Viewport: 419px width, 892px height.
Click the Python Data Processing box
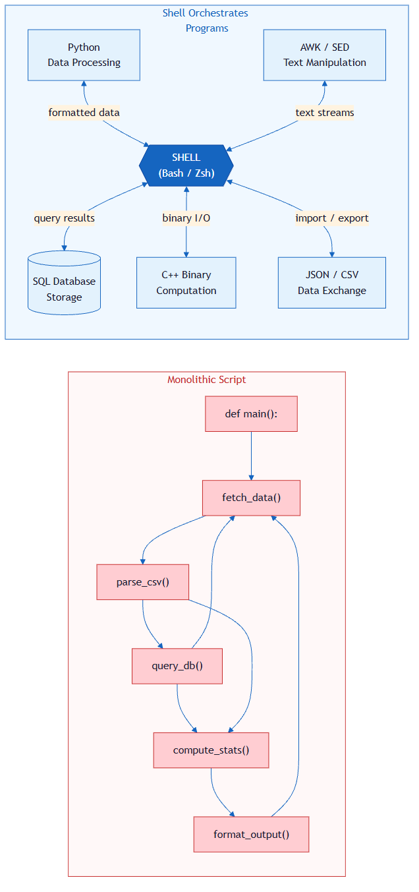click(x=84, y=55)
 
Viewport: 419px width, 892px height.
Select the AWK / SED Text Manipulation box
click(x=324, y=55)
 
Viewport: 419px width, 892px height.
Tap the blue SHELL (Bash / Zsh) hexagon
click(x=186, y=165)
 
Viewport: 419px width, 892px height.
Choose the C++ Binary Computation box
click(x=186, y=283)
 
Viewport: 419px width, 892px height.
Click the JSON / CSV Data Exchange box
click(x=331, y=283)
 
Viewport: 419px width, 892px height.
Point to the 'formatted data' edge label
click(x=84, y=113)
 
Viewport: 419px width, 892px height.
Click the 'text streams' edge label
click(x=324, y=113)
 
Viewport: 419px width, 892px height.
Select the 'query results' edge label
click(x=65, y=218)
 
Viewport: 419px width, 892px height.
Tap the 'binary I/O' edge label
click(x=186, y=218)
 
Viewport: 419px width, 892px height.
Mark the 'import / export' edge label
click(x=331, y=218)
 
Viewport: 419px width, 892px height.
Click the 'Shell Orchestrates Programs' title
click(x=206, y=20)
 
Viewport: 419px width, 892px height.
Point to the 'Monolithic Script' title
click(x=206, y=380)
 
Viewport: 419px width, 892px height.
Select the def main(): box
click(x=251, y=414)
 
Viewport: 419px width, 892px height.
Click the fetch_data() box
click(x=251, y=498)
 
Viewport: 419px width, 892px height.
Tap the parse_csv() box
click(x=143, y=582)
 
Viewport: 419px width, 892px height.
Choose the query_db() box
click(x=177, y=666)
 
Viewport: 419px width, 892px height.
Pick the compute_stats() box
click(x=211, y=750)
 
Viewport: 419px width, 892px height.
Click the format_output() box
click(x=251, y=835)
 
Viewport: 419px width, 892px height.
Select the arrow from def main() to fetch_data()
click(x=251, y=456)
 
